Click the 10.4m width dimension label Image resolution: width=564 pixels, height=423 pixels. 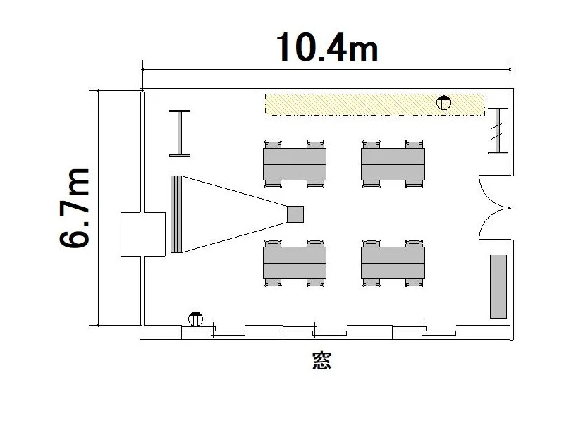click(x=326, y=47)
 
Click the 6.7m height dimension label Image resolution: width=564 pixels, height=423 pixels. click(x=74, y=208)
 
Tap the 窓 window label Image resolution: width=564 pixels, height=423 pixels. click(x=321, y=360)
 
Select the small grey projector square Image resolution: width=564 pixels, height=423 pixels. click(x=295, y=214)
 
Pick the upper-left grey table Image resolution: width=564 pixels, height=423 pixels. click(x=295, y=164)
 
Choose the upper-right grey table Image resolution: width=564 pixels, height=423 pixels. click(x=393, y=164)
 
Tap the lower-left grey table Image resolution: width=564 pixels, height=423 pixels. click(x=295, y=263)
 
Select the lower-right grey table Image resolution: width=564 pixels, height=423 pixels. click(x=393, y=263)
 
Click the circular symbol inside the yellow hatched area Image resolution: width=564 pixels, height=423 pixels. click(x=443, y=103)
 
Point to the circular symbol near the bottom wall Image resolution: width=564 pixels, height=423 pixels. click(x=195, y=319)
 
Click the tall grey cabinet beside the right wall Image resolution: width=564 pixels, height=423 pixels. click(x=498, y=286)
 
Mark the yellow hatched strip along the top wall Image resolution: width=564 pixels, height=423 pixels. click(x=374, y=104)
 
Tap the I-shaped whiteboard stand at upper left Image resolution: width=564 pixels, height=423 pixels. click(x=180, y=133)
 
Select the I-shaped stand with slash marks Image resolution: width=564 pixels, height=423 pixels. click(x=498, y=131)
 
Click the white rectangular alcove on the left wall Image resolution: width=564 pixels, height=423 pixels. click(x=143, y=234)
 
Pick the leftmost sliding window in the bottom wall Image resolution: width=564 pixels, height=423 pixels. click(x=213, y=331)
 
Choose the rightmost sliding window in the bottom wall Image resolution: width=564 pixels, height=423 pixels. click(x=424, y=331)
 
